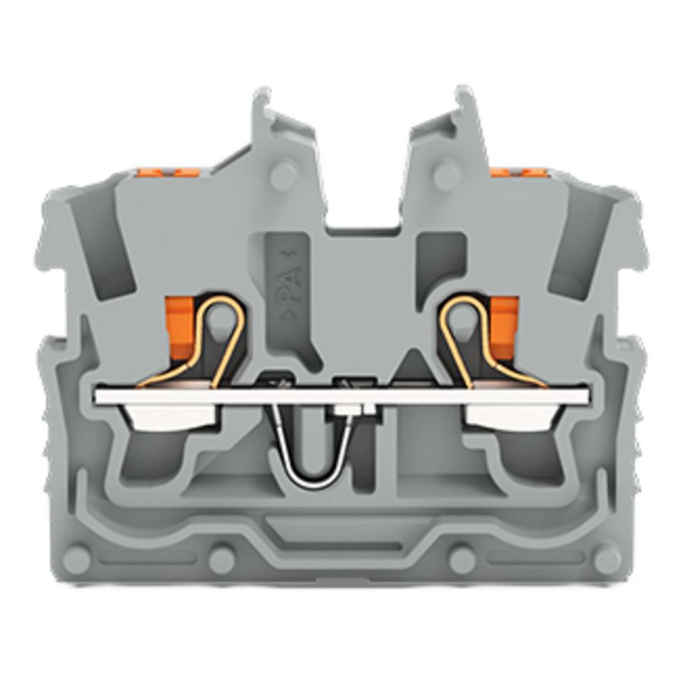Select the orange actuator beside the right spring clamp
(503, 322)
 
